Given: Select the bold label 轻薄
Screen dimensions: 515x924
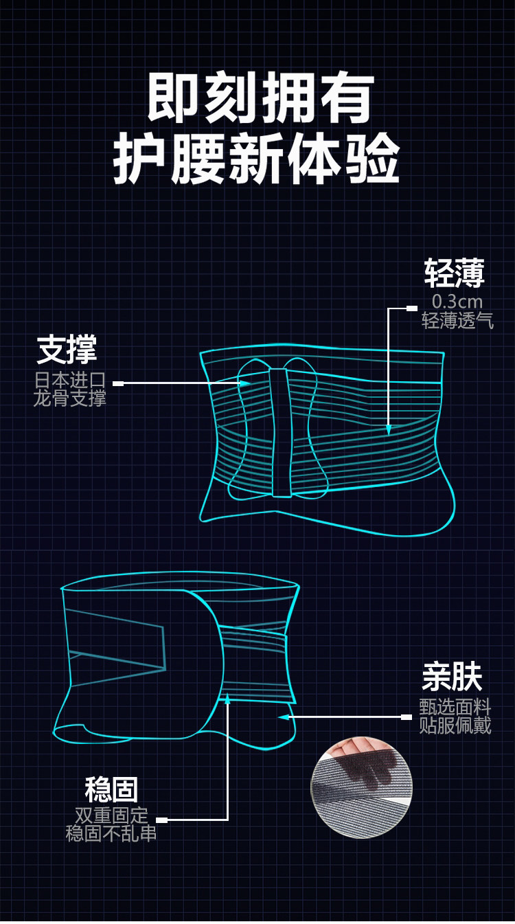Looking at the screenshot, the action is coord(454,273).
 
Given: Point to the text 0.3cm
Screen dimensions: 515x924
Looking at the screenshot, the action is coord(457,302).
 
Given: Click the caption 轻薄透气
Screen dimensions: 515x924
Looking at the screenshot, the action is coord(457,320).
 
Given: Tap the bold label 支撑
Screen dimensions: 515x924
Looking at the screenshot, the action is coord(67,350).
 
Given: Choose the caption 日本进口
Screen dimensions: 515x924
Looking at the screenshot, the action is coord(70,380).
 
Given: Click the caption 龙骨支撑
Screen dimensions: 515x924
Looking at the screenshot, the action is coord(70,398).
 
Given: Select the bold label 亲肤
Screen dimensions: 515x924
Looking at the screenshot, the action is coord(452,678).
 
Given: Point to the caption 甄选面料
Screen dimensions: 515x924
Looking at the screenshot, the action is coord(455,707).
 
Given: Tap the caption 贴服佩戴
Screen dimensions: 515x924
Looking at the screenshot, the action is coord(455,725).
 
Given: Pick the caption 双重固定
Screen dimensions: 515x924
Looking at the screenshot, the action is coord(111,815).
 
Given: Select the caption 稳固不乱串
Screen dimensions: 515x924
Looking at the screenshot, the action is coord(111,833).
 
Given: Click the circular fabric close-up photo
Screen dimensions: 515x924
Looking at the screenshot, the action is coord(362,787).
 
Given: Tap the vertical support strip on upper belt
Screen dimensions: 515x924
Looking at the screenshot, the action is coord(279,433).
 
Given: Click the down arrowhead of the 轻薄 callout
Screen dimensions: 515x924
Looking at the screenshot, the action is coord(389,430).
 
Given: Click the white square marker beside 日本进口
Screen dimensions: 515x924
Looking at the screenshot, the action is coord(118,383).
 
